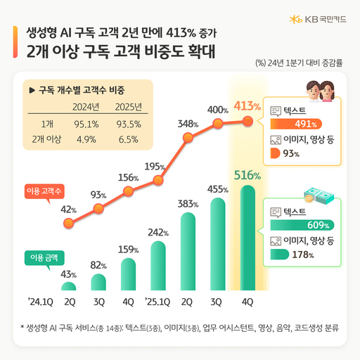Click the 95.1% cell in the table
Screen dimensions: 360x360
(85, 124)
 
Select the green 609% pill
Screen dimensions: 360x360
(303, 225)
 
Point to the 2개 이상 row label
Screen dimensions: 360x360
(46, 139)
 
